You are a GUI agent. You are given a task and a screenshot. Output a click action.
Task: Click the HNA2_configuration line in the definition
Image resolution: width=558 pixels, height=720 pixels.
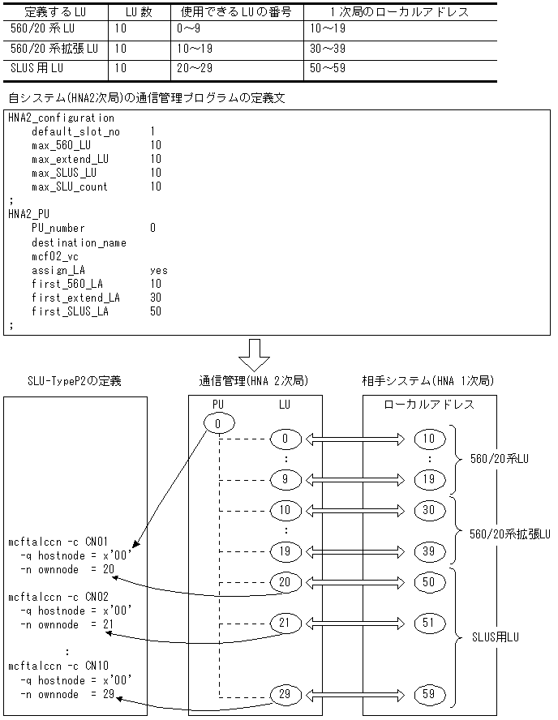pos(61,118)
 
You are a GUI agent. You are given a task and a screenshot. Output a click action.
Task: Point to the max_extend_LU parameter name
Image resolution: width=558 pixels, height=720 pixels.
pos(70,159)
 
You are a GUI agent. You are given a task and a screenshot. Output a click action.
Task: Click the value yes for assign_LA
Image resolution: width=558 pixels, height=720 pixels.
pos(158,269)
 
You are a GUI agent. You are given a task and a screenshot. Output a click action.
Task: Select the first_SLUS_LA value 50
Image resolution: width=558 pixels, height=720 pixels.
pos(156,311)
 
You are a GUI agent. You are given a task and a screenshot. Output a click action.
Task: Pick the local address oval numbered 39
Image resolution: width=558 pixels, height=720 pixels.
pos(427,552)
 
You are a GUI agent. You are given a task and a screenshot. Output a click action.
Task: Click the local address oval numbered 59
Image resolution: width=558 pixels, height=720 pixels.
pos(427,695)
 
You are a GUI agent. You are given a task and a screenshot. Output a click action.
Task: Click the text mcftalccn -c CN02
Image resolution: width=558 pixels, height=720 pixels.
pos(58,595)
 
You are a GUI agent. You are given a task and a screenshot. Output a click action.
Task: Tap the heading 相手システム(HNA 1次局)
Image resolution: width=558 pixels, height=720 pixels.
pos(428,380)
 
